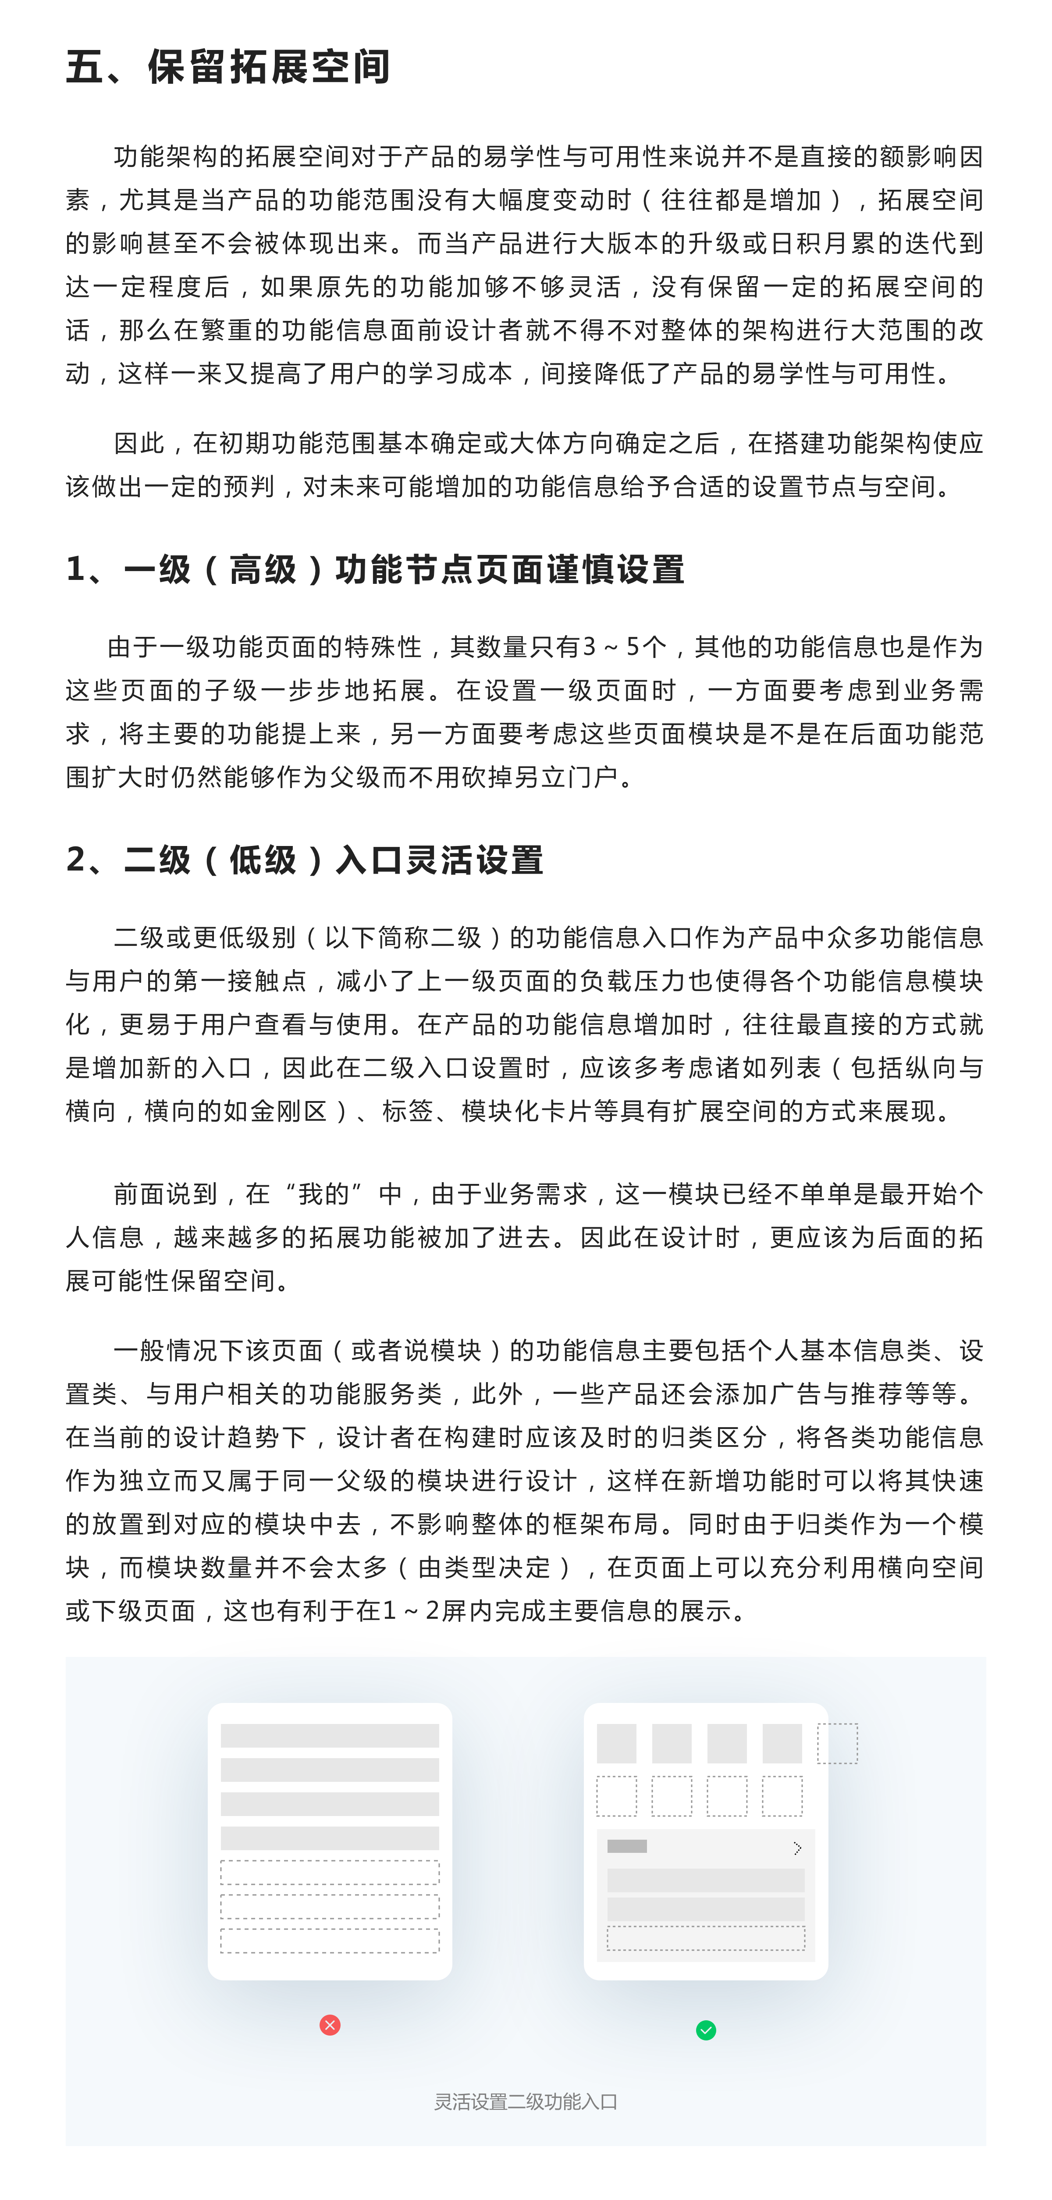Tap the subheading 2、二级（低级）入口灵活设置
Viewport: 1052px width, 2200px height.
pyautogui.click(x=305, y=860)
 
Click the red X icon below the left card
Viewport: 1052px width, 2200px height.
pyautogui.click(x=330, y=2025)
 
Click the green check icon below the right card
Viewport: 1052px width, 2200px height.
pyautogui.click(x=706, y=2030)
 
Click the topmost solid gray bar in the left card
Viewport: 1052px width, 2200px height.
pyautogui.click(x=330, y=1735)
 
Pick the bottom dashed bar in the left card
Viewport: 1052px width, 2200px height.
pyautogui.click(x=330, y=1941)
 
